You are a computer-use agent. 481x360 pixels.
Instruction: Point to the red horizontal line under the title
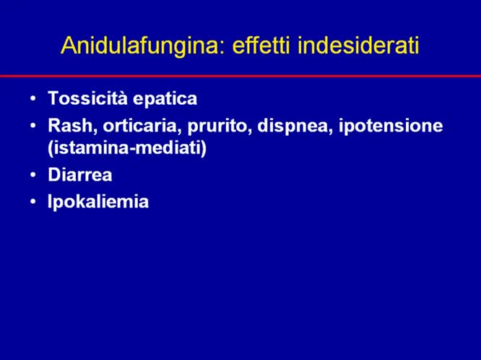[240, 75]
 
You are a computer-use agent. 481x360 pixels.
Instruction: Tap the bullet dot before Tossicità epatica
[32, 99]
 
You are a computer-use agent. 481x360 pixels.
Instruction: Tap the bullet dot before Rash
[32, 126]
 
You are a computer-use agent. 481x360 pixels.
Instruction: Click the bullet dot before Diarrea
[32, 175]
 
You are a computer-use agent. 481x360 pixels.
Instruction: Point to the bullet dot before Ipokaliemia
[32, 202]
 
